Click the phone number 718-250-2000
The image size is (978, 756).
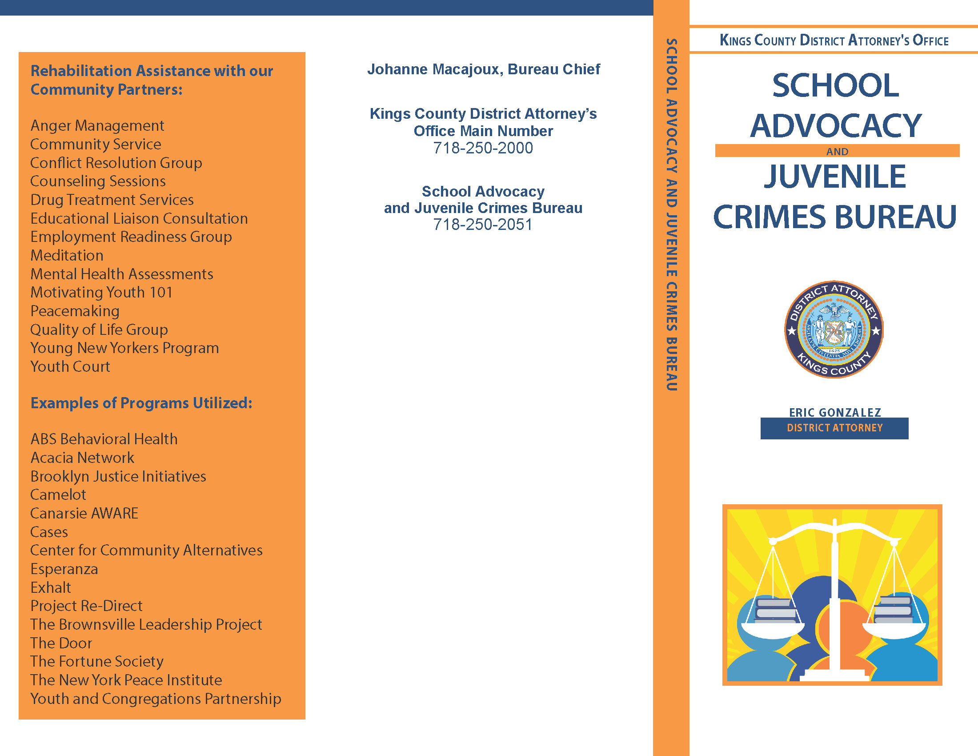click(483, 148)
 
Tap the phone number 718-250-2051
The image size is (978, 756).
click(483, 225)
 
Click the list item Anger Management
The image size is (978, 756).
click(97, 126)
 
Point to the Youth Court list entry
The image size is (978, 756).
click(70, 367)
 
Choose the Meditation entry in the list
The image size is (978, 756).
click(67, 256)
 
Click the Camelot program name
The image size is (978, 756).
click(58, 495)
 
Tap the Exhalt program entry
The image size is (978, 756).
click(51, 587)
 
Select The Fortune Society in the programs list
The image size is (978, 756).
click(97, 662)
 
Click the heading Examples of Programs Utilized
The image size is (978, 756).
click(141, 403)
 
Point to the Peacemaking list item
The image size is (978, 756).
click(75, 311)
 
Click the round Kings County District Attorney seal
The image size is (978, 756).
click(834, 330)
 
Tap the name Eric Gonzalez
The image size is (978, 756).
click(835, 412)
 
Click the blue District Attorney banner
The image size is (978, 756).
click(834, 428)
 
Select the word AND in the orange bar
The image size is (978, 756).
click(837, 152)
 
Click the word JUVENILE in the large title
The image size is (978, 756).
click(835, 177)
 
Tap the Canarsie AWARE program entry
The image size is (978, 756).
click(84, 514)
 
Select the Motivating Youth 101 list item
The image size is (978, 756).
click(101, 293)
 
